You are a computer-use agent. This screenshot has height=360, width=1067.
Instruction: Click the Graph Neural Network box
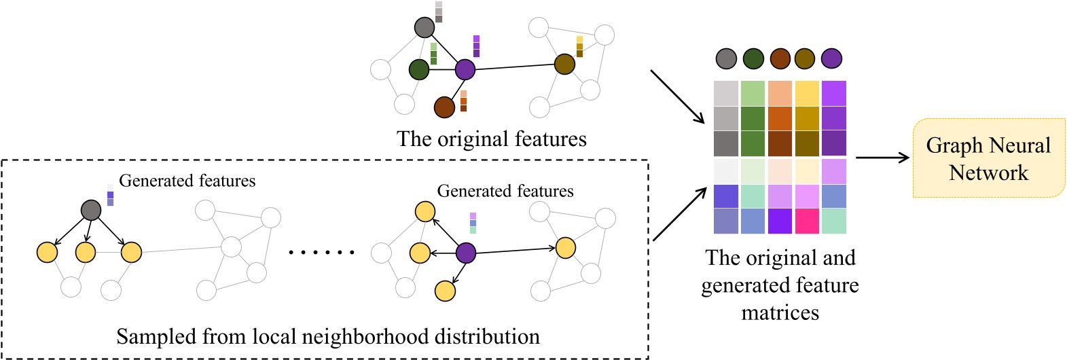click(988, 158)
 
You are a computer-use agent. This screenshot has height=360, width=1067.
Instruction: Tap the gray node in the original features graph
click(424, 27)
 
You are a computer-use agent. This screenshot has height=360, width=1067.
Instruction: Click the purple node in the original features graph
click(465, 69)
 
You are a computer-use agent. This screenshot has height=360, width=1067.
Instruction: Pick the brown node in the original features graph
click(444, 107)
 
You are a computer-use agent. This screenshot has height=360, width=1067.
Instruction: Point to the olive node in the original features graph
click(564, 65)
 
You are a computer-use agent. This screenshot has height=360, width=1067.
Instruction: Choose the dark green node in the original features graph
click(419, 69)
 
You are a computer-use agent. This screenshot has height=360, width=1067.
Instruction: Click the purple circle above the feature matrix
click(831, 58)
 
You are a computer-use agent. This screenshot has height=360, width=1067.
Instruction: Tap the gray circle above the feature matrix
click(726, 58)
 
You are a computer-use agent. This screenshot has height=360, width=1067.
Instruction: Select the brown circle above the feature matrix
click(780, 58)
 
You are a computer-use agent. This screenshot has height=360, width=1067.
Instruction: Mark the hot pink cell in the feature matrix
click(807, 221)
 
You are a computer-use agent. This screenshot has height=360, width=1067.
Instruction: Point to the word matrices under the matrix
click(780, 312)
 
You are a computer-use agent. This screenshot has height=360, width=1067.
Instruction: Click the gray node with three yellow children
click(91, 210)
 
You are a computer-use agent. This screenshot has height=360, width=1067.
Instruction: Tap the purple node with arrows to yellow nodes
click(465, 253)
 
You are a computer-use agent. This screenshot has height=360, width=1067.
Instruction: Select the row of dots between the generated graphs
click(321, 253)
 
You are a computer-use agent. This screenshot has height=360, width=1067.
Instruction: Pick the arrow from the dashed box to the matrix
click(679, 215)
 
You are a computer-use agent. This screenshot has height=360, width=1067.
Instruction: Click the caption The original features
click(491, 139)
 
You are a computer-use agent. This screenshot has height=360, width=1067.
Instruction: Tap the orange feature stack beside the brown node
click(463, 101)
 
